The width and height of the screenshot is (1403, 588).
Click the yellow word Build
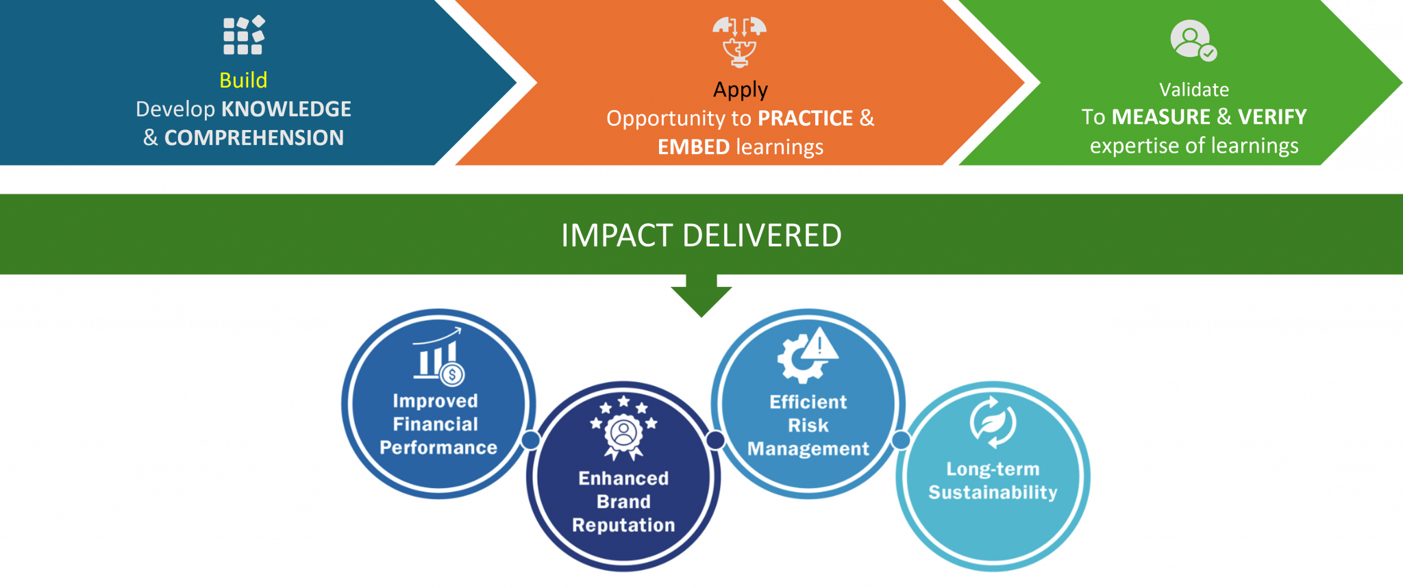point(243,81)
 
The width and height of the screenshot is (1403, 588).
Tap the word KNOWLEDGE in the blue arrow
point(286,110)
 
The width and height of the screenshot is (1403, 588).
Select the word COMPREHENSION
point(254,138)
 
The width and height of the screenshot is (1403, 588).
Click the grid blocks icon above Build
point(244,35)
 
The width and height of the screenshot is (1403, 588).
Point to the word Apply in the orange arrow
point(740,90)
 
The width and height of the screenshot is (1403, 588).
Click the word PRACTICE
point(805,119)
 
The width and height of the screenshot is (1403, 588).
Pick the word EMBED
point(693,148)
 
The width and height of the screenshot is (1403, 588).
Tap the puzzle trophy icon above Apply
point(739,41)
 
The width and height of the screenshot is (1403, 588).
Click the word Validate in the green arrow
point(1193,90)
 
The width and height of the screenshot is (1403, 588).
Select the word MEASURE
point(1160,118)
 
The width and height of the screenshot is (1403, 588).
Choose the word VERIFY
point(1272,118)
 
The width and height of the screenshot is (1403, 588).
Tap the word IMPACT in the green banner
point(616,236)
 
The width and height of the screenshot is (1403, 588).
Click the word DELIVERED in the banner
point(762,236)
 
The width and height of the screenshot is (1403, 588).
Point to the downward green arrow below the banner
point(701,295)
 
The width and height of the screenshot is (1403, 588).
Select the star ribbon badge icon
point(623,428)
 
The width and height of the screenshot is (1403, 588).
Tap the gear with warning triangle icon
point(808,355)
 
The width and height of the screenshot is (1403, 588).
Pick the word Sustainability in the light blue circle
point(993,493)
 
